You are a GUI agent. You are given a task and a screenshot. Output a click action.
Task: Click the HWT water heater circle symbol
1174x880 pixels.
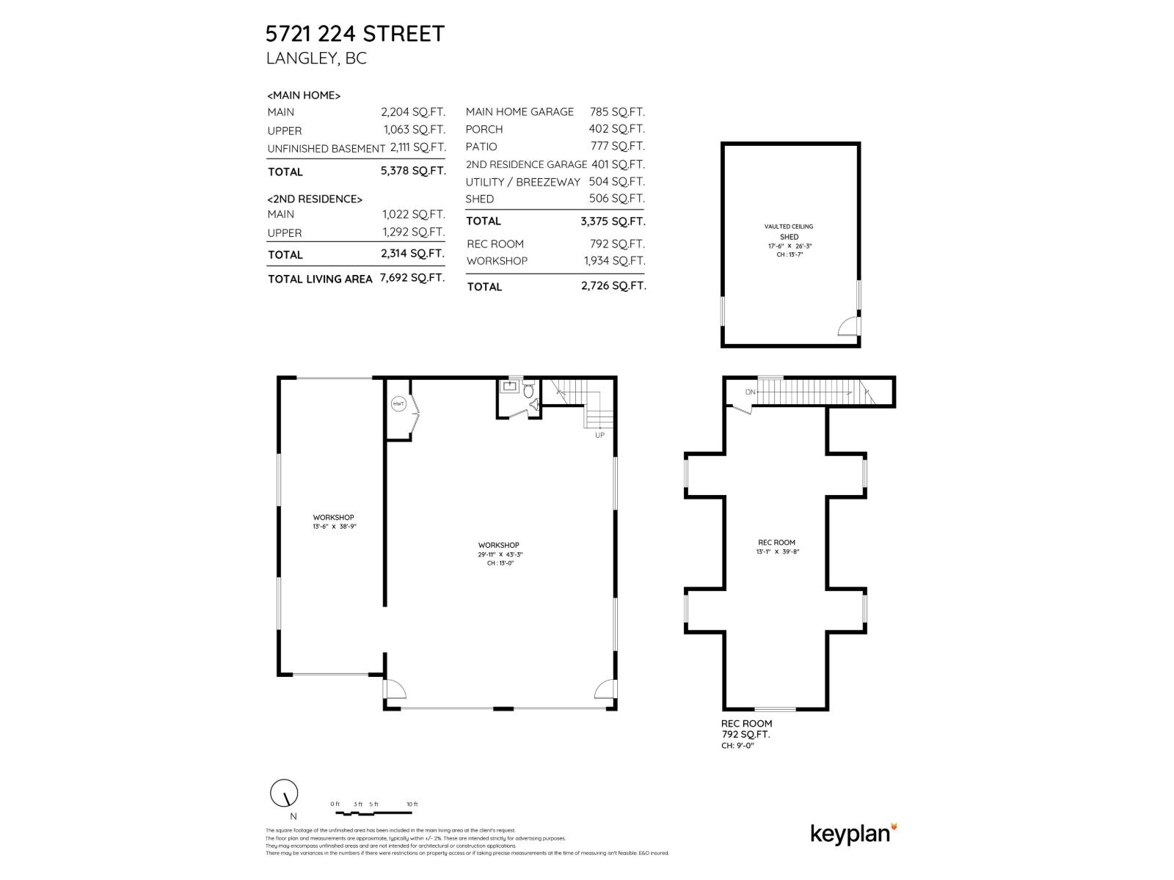(x=398, y=404)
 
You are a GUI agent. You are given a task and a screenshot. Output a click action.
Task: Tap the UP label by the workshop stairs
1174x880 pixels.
(x=599, y=435)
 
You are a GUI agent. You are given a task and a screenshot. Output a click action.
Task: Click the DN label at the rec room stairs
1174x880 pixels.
(x=750, y=392)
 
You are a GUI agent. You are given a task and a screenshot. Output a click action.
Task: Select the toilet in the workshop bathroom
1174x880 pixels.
(x=528, y=392)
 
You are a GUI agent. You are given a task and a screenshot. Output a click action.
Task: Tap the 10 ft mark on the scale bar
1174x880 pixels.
(x=412, y=804)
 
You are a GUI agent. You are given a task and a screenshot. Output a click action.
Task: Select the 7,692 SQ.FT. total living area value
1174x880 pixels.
(x=412, y=278)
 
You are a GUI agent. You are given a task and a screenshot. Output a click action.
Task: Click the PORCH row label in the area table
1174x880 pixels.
(x=484, y=129)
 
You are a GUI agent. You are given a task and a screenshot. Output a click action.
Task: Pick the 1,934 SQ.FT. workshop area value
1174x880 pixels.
(x=614, y=261)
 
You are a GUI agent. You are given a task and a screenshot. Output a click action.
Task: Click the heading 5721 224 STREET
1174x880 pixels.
(x=355, y=34)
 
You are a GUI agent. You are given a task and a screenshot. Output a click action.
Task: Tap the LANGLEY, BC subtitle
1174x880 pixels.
(x=316, y=59)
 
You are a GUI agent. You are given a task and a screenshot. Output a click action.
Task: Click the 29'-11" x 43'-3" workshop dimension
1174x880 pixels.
(x=499, y=554)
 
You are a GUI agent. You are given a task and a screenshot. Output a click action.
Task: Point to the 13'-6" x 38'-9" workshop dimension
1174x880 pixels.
(x=334, y=527)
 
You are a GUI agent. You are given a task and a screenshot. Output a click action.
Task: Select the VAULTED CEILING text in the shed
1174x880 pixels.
(x=789, y=227)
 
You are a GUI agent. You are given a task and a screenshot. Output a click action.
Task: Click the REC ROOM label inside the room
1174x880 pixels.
(x=776, y=543)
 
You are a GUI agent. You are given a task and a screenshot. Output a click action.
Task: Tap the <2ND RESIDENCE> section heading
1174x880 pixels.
(x=315, y=199)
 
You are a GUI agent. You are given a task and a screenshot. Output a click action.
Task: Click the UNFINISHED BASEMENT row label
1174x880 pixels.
(x=326, y=148)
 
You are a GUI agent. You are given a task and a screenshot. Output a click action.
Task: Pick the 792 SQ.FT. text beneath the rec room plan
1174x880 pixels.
(x=745, y=734)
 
